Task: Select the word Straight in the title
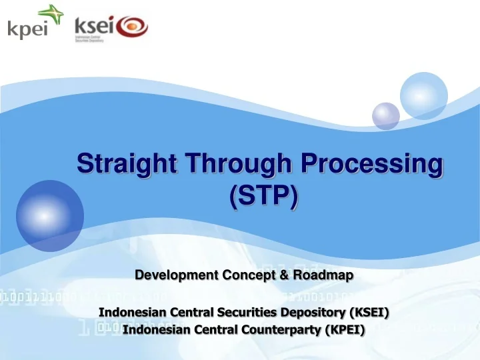click(125, 163)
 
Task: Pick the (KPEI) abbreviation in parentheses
click(341, 329)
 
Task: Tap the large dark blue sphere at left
click(50, 215)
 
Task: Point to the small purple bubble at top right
click(385, 115)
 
